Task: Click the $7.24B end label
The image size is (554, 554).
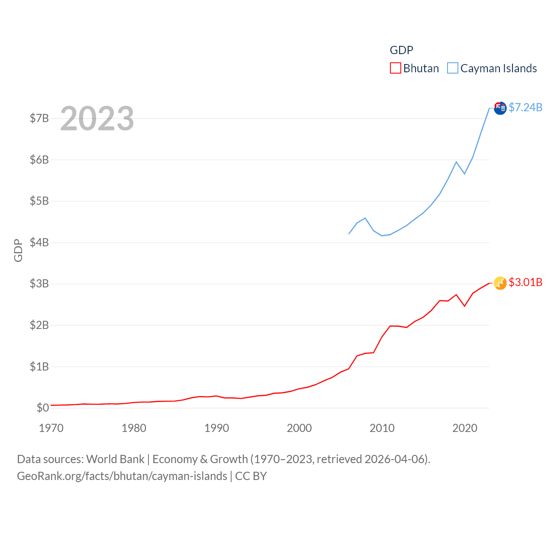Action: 525,107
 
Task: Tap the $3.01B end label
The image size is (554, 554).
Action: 525,282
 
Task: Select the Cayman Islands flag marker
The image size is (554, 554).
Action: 500,108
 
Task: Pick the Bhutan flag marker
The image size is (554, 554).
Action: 500,283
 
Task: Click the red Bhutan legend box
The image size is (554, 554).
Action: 396,68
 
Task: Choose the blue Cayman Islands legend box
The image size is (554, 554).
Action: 453,68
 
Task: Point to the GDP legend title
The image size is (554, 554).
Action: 401,50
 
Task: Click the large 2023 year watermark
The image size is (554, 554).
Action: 97,119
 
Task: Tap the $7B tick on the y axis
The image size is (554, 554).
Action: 39,118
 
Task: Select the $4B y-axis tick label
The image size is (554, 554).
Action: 39,242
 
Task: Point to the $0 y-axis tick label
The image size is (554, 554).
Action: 42,408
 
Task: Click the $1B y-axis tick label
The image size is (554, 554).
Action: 39,367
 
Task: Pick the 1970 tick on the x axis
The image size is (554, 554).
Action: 51,428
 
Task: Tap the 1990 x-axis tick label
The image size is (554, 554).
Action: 216,428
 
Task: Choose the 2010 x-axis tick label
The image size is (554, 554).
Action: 382,428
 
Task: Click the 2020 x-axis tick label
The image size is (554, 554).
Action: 464,428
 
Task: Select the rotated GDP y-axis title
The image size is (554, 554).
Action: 18,250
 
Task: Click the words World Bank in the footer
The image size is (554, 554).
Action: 115,459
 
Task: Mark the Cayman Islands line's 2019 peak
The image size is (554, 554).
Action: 456,162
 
